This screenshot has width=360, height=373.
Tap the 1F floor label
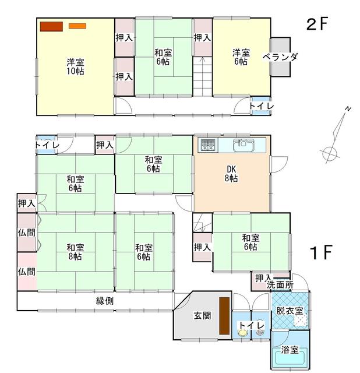(x=320, y=253)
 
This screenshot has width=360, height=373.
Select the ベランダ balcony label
(x=280, y=57)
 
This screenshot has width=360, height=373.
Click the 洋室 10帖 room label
(x=73, y=66)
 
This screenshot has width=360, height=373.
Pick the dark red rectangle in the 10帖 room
(x=51, y=26)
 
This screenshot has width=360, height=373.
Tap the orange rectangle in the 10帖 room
(x=77, y=26)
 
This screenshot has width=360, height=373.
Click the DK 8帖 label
(x=231, y=174)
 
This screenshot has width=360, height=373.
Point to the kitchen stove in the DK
(x=207, y=145)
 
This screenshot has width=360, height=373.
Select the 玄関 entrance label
(x=202, y=316)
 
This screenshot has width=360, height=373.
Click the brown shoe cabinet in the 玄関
(x=224, y=315)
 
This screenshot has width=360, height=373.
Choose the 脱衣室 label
(x=290, y=311)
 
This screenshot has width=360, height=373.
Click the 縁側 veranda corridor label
(x=105, y=301)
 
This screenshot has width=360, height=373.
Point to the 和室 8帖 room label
(x=73, y=251)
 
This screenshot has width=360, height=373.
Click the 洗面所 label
(x=280, y=285)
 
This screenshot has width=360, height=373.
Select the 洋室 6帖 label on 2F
(x=241, y=57)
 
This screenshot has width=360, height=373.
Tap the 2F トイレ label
(x=262, y=106)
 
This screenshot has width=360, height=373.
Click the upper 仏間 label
(x=26, y=231)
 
